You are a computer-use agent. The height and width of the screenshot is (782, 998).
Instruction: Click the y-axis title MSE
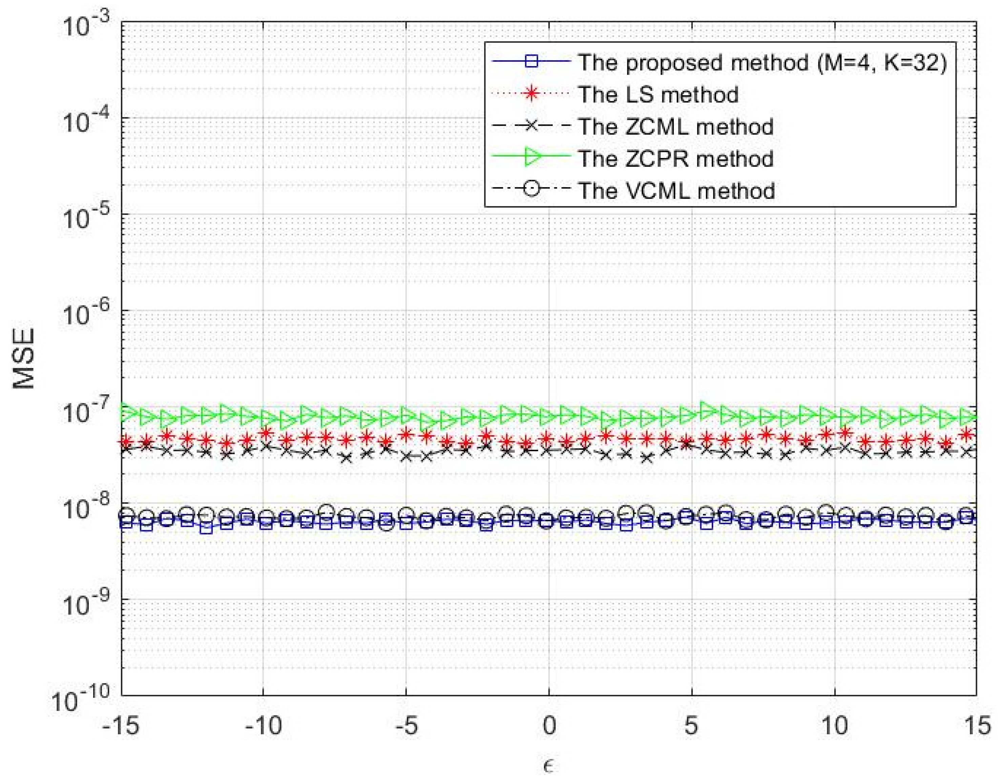(x=24, y=359)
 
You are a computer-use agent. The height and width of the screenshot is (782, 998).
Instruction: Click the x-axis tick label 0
(x=549, y=726)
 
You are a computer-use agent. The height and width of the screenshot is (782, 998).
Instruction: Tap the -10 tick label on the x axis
(x=263, y=726)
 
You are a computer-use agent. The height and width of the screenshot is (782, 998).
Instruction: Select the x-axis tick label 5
(x=691, y=726)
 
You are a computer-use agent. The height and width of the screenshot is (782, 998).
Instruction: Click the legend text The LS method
(x=659, y=95)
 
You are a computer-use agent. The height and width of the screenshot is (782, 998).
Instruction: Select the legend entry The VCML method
(x=676, y=191)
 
